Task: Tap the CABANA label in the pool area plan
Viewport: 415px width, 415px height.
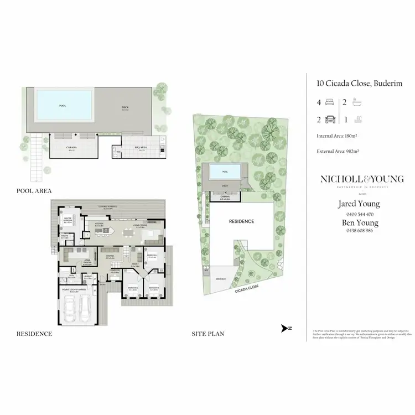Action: (71, 148)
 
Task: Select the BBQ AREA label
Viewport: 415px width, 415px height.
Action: (141, 147)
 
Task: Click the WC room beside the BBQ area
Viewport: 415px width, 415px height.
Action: (117, 151)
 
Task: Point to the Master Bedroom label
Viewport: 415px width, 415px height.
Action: (68, 219)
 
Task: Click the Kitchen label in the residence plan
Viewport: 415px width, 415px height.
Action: (100, 225)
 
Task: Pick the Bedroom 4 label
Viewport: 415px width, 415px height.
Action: (152, 256)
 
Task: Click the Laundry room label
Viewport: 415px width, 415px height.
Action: (87, 277)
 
